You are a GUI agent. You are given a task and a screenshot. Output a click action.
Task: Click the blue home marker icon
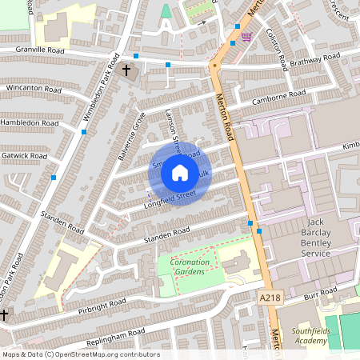click(179, 173)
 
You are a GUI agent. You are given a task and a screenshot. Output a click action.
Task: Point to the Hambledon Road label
click(30, 125)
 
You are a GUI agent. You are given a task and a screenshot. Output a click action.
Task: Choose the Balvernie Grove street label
click(130, 135)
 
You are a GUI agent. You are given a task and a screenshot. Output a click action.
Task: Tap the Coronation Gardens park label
click(189, 266)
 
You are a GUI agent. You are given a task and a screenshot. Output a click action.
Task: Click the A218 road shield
click(270, 298)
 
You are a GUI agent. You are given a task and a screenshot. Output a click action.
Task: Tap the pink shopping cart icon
click(246, 37)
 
